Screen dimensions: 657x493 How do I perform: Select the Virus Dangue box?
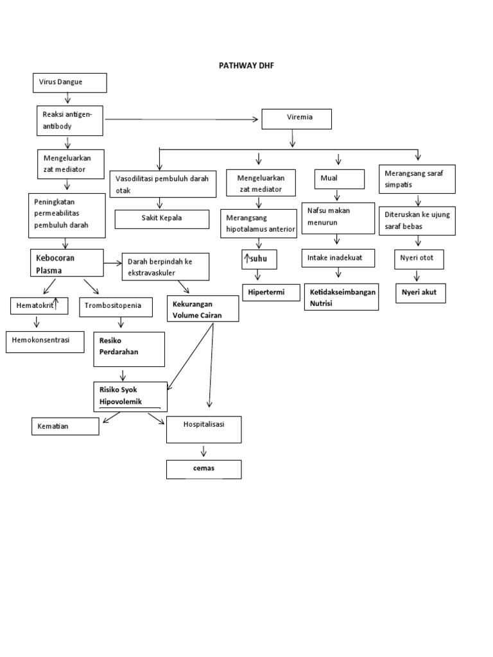pos(69,83)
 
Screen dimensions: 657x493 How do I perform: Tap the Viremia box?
pos(296,119)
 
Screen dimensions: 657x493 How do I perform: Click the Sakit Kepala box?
pos(162,219)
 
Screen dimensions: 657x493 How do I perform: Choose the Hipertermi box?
pos(263,293)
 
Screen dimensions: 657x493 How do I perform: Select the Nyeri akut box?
pos(419,293)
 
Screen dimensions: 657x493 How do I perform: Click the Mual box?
pos(340,179)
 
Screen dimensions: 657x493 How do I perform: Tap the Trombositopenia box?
pos(116,307)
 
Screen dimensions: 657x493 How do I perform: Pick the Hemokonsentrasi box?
pos(45,342)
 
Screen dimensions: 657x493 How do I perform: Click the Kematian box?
pos(65,426)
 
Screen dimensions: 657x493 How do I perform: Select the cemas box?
pos(204,469)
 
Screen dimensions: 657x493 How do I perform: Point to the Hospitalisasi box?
pos(204,429)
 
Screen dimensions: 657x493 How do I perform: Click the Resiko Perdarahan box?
pos(129,348)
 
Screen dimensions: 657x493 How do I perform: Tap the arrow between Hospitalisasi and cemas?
pos(204,450)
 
